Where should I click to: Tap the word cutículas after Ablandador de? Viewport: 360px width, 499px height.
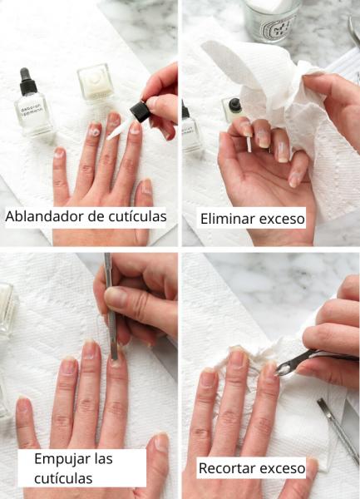click(x=136, y=217)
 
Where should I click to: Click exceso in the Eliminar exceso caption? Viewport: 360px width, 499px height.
click(x=281, y=220)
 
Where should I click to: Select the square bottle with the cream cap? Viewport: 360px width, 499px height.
click(x=94, y=83)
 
